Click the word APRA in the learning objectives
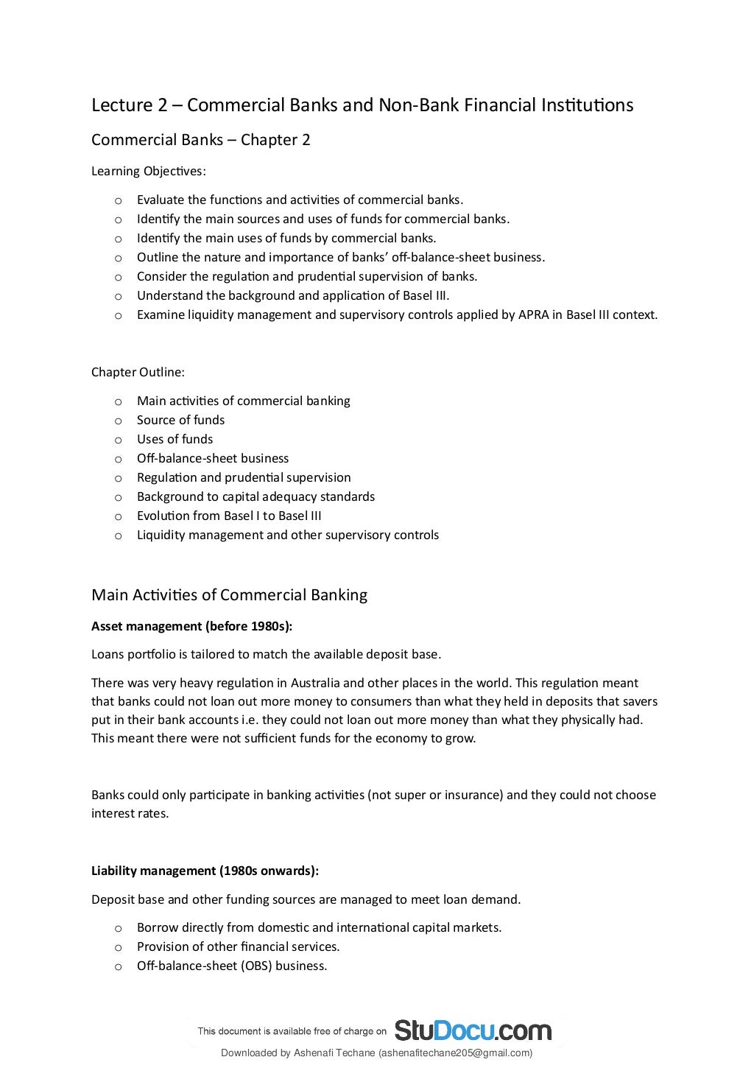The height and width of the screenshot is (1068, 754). tap(535, 315)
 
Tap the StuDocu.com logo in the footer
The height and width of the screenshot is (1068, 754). tap(473, 1030)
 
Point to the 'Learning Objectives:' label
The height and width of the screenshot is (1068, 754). tap(149, 171)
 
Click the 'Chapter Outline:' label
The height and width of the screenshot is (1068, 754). tap(138, 372)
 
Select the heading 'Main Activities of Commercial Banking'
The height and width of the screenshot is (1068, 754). tap(229, 595)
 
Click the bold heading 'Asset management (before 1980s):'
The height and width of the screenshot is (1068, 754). tap(191, 626)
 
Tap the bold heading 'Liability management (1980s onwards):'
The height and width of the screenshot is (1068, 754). tap(205, 871)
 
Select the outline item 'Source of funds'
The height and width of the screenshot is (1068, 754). tap(180, 420)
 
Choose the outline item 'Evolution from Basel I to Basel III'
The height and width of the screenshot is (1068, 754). tap(229, 516)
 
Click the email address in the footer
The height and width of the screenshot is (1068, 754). tap(454, 1053)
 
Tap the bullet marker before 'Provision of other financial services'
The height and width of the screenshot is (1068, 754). tap(118, 947)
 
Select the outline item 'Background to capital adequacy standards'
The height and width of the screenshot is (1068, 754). tap(256, 496)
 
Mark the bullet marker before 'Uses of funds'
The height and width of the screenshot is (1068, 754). tap(118, 440)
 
